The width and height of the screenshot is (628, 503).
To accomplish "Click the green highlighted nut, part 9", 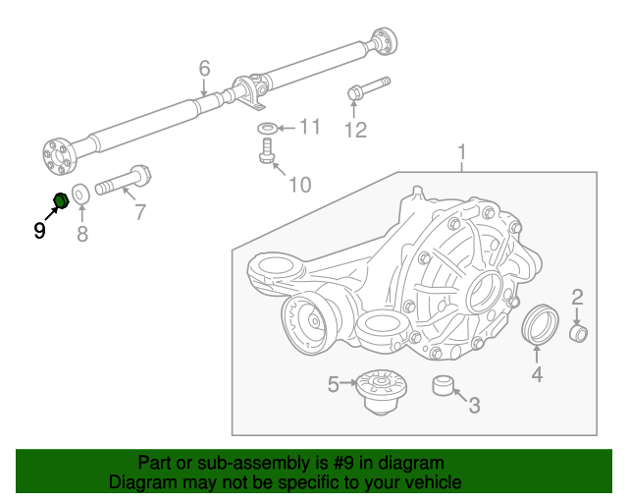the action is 61,200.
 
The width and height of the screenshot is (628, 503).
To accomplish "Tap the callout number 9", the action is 39,231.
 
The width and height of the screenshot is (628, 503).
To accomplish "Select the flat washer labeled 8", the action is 80,195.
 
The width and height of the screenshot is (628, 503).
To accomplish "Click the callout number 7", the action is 139,212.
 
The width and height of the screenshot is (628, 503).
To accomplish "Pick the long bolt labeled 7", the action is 124,181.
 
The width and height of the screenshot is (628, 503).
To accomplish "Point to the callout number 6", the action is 204,68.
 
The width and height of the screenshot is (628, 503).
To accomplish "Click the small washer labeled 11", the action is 267,129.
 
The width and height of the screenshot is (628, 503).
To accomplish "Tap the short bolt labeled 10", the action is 266,150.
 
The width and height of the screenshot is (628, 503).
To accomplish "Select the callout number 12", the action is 355,130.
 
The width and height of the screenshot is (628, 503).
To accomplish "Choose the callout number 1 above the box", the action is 462,153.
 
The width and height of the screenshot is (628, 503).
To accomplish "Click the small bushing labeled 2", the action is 578,334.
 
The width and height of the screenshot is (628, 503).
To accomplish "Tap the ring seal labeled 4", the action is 540,324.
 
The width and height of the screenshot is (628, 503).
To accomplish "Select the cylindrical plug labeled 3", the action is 443,385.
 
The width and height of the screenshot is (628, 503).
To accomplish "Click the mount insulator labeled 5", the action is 382,392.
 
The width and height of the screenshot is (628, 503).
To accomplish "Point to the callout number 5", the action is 333,384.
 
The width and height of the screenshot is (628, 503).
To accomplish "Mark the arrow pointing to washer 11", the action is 287,129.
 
